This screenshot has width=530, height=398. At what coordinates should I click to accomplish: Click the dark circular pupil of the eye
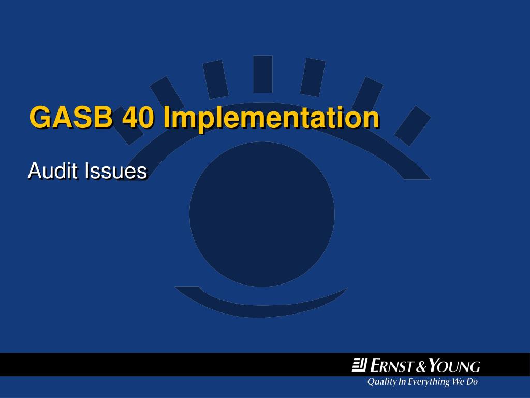[261, 214]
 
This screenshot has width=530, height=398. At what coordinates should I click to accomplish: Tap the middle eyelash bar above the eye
[263, 74]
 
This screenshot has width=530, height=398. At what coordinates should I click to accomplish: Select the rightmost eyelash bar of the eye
[413, 125]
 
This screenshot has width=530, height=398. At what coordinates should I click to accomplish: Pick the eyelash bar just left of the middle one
[215, 79]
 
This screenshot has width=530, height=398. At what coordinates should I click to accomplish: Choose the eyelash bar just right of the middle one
[312, 77]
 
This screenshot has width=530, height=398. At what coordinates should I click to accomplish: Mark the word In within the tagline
[402, 382]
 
